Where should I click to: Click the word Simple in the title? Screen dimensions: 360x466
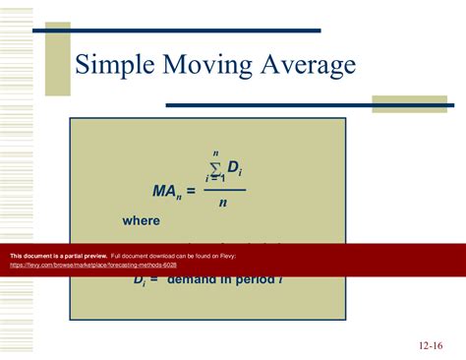click(x=114, y=66)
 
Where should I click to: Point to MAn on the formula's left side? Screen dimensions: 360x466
click(x=164, y=191)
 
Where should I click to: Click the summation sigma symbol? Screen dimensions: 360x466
click(x=215, y=170)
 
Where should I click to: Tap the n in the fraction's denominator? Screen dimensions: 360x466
click(x=223, y=203)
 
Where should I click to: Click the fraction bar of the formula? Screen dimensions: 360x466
click(x=224, y=190)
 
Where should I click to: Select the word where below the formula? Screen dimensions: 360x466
click(x=141, y=221)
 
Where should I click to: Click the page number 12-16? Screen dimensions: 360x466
click(x=431, y=345)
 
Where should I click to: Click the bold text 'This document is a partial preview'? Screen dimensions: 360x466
click(x=58, y=256)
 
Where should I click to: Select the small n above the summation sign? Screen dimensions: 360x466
click(x=214, y=153)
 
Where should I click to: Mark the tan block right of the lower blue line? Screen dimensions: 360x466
click(x=409, y=104)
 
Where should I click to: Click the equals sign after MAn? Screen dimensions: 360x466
click(x=191, y=191)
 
